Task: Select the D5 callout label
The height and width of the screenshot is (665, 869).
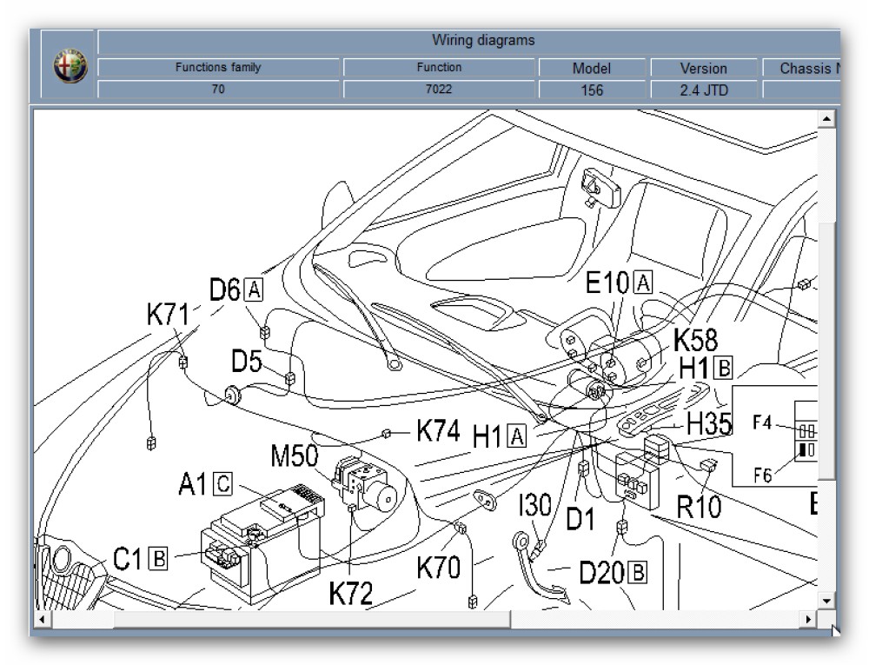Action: click(x=247, y=362)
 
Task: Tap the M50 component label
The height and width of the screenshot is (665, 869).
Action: click(x=295, y=456)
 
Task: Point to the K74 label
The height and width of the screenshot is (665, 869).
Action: click(x=438, y=431)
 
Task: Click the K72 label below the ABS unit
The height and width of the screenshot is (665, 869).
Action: click(x=351, y=593)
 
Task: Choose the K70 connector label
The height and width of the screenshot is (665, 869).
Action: click(x=439, y=569)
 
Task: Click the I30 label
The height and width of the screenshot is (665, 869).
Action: click(x=534, y=507)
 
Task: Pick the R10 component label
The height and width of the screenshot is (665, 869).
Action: click(x=699, y=506)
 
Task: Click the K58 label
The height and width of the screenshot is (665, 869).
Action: click(x=696, y=339)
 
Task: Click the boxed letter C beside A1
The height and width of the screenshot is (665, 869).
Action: click(x=222, y=483)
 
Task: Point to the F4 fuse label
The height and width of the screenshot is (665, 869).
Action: click(x=762, y=423)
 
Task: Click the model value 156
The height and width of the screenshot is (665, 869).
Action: click(x=591, y=89)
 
